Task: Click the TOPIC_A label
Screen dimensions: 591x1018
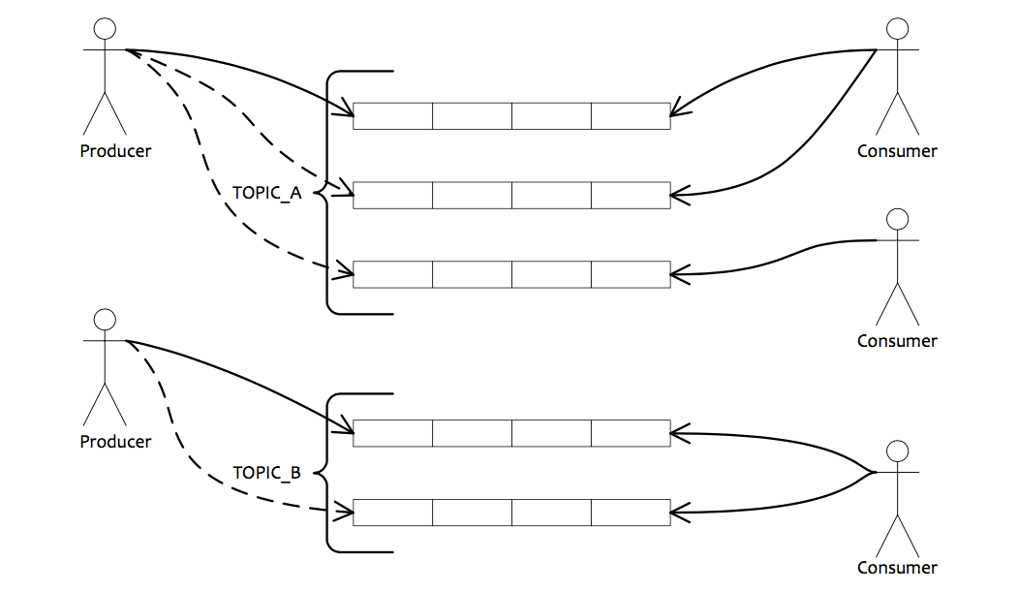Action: pos(267,193)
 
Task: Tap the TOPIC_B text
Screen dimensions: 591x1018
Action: pos(267,474)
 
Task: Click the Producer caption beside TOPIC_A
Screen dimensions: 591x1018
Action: pos(115,151)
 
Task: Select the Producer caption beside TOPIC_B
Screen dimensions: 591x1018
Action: pos(115,442)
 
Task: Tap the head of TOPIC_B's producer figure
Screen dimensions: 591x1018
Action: pos(105,320)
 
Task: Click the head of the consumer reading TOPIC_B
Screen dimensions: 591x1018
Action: pos(898,451)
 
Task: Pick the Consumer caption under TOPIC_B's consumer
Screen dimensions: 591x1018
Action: pos(897,568)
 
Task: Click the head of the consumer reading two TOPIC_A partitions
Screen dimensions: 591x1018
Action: pos(898,29)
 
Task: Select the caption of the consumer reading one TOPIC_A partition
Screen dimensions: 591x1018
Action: pos(897,341)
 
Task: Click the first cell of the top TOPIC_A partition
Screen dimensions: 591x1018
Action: pos(392,115)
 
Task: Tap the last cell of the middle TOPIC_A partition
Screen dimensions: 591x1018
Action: pos(631,195)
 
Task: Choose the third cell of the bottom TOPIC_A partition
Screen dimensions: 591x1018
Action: pos(551,274)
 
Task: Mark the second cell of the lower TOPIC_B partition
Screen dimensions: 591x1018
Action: pos(472,513)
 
